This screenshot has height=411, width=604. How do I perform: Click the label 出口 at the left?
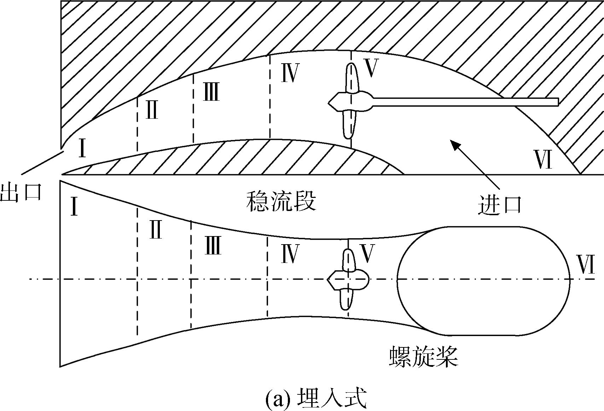tap(21, 192)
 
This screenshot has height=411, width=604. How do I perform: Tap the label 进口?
tap(500, 205)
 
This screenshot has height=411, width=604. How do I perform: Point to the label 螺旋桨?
tap(424, 357)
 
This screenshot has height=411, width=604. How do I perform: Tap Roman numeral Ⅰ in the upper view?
tap(82, 148)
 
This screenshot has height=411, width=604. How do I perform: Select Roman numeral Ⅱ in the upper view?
tap(152, 110)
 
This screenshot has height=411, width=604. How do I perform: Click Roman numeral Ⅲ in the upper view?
tap(211, 92)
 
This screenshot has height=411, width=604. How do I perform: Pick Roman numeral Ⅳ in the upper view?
tap(290, 73)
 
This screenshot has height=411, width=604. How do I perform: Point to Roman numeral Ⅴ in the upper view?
tap(371, 68)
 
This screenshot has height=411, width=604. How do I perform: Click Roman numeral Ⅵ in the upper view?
tap(543, 159)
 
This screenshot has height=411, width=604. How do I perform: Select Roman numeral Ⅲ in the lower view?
tap(213, 245)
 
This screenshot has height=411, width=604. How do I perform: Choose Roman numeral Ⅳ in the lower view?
tap(290, 254)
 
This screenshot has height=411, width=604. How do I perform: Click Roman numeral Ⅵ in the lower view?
tap(585, 264)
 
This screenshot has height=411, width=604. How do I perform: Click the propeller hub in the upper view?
tap(350, 102)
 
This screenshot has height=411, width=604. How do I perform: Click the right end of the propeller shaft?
tap(558, 102)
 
